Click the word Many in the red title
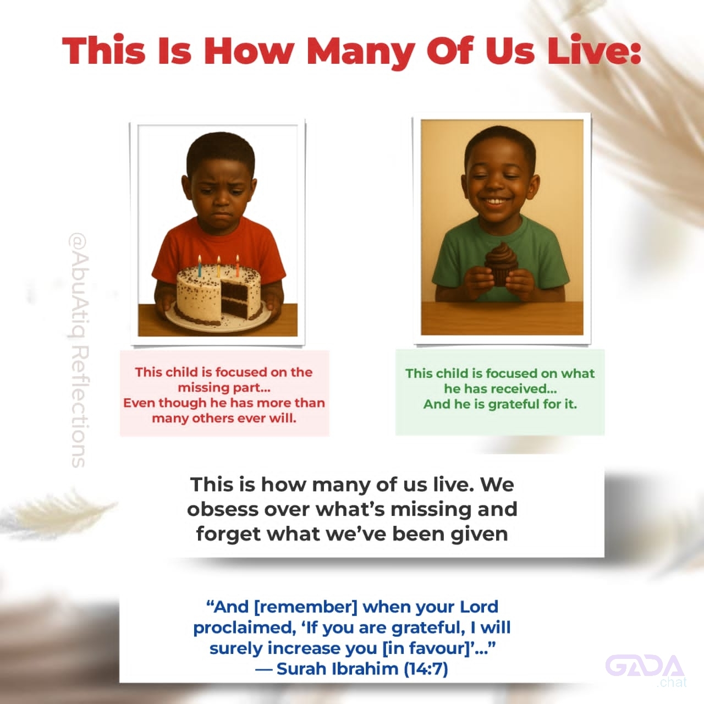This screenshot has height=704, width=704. (361, 52)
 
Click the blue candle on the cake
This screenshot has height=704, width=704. (200, 266)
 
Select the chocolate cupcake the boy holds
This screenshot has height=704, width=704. (501, 264)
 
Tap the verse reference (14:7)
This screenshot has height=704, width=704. (426, 669)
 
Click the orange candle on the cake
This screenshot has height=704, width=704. (238, 266)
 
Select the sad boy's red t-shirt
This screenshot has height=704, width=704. (219, 252)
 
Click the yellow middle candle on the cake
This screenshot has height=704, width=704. (218, 267)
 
